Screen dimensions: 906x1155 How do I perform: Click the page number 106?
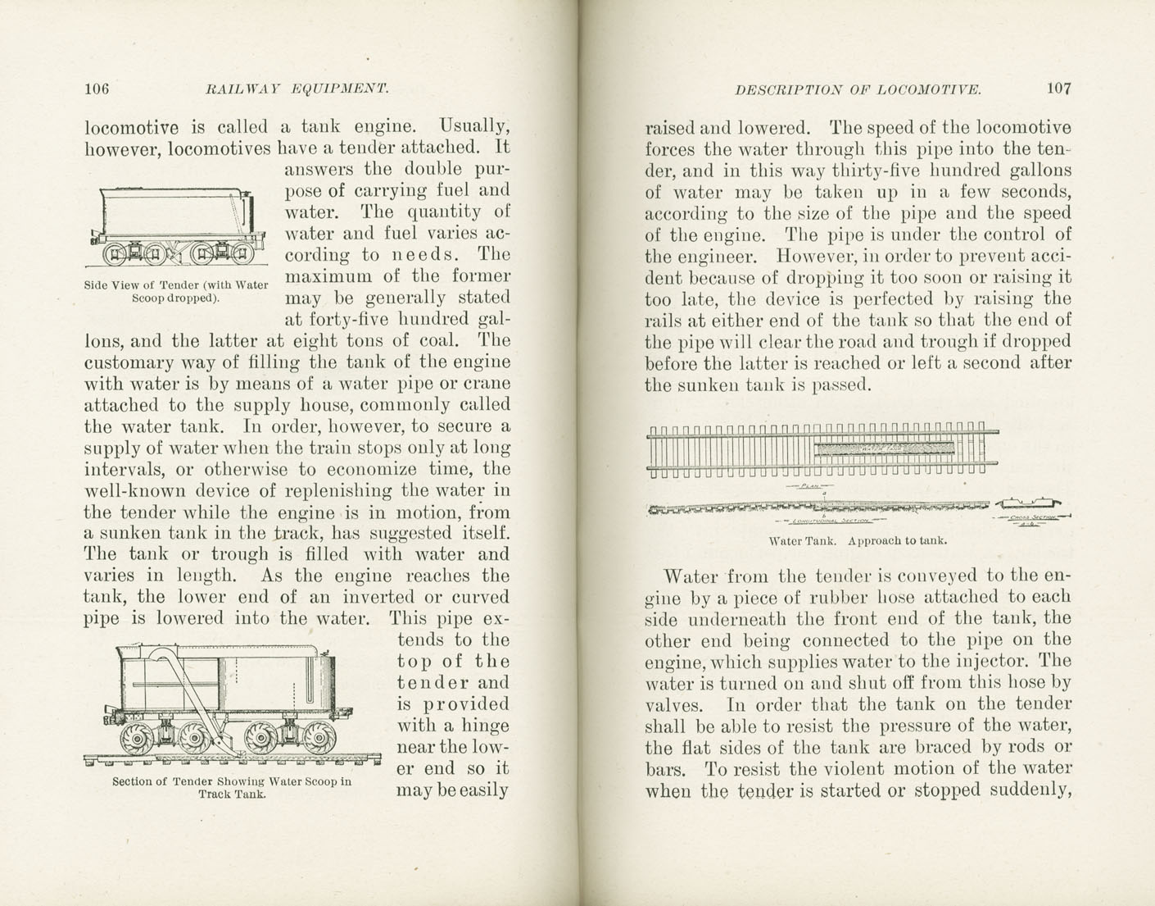97,89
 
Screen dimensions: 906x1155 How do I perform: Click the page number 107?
1058,89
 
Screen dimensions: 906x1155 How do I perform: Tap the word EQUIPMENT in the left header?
339,89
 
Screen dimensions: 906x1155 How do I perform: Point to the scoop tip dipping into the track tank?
233,750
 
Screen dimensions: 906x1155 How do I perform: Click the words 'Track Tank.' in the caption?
232,794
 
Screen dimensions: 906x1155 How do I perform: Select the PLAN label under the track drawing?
809,486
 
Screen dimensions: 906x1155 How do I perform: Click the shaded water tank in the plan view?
885,448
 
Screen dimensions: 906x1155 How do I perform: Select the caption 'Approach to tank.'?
898,540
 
